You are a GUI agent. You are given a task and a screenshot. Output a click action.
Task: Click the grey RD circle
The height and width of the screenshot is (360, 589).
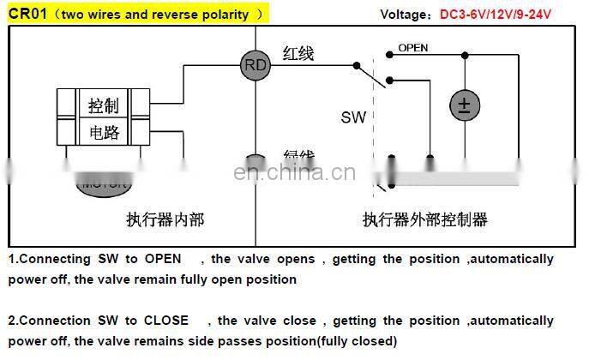coord(256,65)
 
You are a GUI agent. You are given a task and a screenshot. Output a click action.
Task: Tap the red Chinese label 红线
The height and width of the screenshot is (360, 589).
coord(298,54)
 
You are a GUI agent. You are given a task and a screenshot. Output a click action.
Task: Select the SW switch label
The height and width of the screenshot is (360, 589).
coord(353,117)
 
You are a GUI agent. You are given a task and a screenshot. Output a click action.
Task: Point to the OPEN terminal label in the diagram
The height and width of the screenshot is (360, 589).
coord(412,48)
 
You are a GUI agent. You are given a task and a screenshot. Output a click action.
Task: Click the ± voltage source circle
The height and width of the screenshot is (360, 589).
coord(464,105)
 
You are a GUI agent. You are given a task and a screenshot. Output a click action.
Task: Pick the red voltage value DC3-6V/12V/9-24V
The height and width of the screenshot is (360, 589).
coord(496,15)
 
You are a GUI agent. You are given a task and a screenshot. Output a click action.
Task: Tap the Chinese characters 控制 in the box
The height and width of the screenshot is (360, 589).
coord(104,106)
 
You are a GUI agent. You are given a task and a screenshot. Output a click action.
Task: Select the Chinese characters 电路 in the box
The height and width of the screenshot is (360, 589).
coord(104,132)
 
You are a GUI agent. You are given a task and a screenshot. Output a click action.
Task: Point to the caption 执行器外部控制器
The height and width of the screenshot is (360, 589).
coord(424,219)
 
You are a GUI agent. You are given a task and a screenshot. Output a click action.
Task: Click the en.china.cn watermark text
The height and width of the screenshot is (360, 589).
coord(293,174)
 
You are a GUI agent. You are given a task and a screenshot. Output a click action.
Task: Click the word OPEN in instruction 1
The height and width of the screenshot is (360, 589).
coord(162,259)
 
